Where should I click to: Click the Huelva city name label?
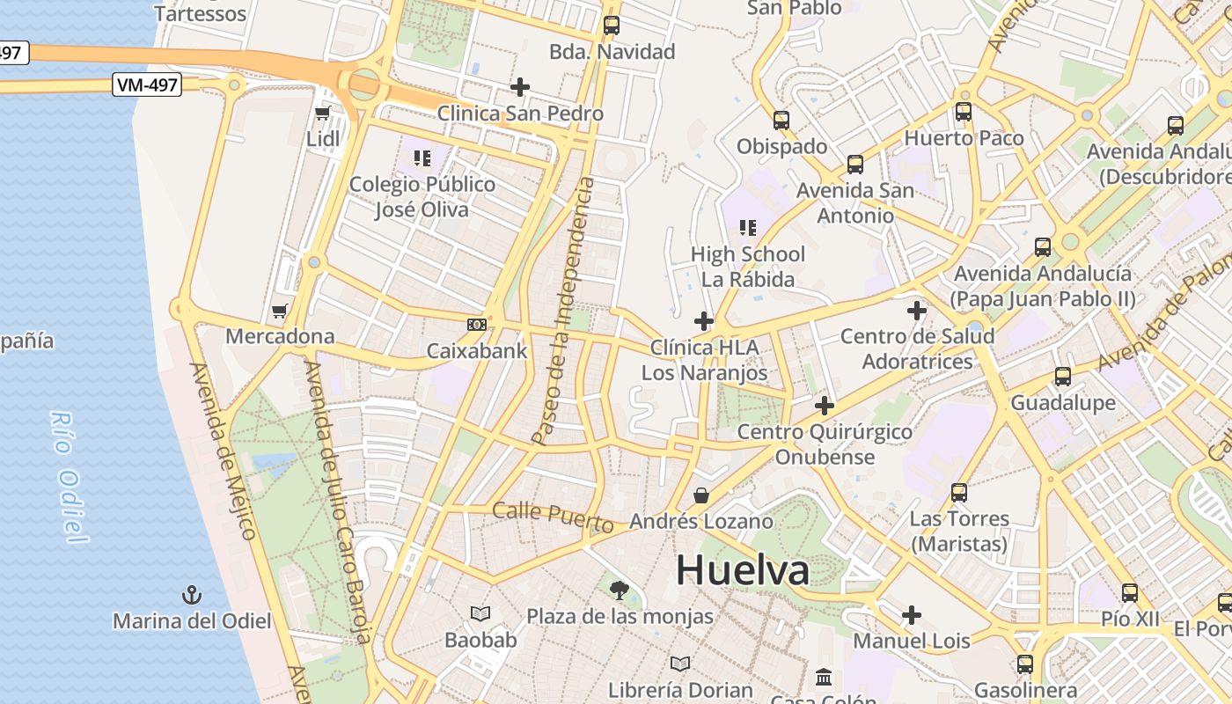742,570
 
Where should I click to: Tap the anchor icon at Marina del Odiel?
192,595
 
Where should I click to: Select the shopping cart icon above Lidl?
322,113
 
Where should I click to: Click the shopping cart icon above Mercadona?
280,310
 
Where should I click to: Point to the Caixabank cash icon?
476,325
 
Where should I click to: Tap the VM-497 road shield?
147,85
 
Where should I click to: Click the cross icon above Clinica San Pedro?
520,87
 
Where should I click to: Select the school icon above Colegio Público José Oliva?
422,158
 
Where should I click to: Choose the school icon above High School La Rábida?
748,228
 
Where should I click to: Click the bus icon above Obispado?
781,121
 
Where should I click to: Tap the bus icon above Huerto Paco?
964,112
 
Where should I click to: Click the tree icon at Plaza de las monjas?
620,590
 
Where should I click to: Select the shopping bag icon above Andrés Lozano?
701,495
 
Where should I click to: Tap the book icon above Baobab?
480,613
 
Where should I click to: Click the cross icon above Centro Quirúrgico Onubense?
825,406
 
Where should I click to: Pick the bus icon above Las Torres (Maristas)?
959,493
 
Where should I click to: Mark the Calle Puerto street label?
553,517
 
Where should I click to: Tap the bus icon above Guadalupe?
1063,377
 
